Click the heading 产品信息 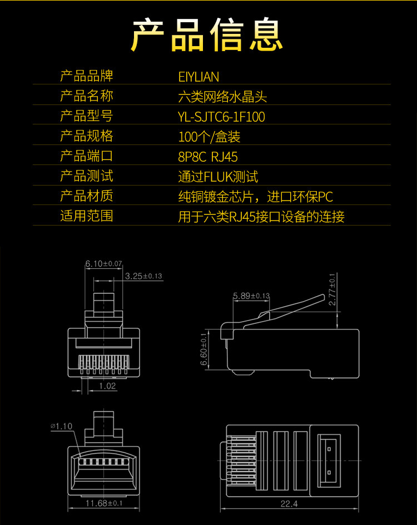click(208, 34)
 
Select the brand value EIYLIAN click(198, 76)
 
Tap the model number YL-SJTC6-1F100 click(221, 116)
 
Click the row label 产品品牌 click(86, 76)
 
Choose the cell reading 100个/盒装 click(209, 136)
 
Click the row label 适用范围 click(86, 216)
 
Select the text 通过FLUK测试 click(218, 176)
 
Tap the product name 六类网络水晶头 click(222, 96)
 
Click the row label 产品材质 click(86, 196)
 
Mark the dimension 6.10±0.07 click(103, 263)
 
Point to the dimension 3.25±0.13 click(143, 276)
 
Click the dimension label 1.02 click(107, 386)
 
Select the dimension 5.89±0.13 click(251, 296)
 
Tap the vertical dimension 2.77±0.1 click(332, 289)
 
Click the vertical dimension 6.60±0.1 click(204, 349)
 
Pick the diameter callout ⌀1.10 click(62, 426)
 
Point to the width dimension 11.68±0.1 click(104, 503)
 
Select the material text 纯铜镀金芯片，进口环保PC click(255, 196)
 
